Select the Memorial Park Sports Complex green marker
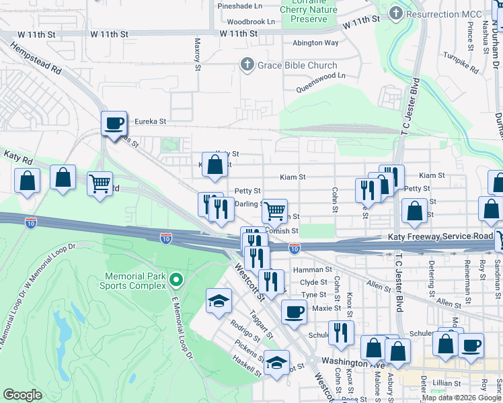[x=176, y=279]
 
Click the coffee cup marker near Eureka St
[x=114, y=123]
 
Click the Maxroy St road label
[x=198, y=54]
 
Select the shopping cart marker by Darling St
[x=274, y=211]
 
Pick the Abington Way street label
[x=315, y=43]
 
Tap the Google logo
[x=23, y=395]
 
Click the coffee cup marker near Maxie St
[x=294, y=311]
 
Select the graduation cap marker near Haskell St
[x=276, y=363]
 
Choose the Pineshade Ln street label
[x=239, y=6]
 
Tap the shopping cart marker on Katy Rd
[x=100, y=182]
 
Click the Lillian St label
[x=447, y=383]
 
